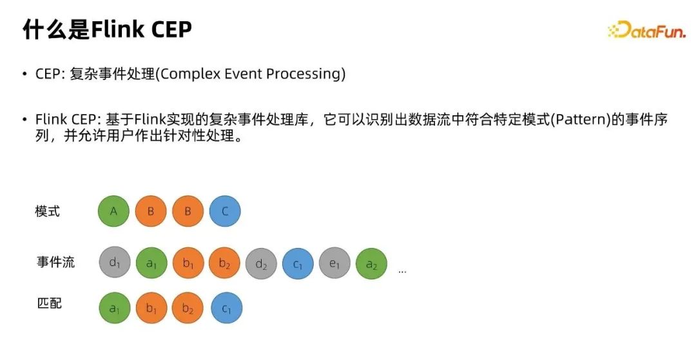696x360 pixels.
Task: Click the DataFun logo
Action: click(646, 30)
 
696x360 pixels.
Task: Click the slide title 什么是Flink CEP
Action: click(108, 29)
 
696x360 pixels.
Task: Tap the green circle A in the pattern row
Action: click(113, 211)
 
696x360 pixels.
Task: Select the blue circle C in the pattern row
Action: click(225, 211)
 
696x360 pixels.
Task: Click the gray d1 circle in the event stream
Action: click(115, 263)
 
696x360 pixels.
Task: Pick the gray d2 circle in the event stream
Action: click(261, 264)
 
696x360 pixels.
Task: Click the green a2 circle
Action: click(372, 264)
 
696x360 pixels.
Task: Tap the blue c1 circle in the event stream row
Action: click(298, 264)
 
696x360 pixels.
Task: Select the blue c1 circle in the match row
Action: click(226, 308)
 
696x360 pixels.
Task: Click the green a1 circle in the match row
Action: click(115, 308)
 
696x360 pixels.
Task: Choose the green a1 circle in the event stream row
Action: click(151, 263)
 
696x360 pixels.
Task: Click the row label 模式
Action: click(48, 211)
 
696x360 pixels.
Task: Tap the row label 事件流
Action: click(55, 261)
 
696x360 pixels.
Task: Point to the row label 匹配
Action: click(49, 303)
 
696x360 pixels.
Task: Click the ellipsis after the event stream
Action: click(402, 271)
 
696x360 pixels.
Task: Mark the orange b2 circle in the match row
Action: click(188, 308)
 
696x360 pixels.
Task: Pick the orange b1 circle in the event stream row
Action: click(188, 263)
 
